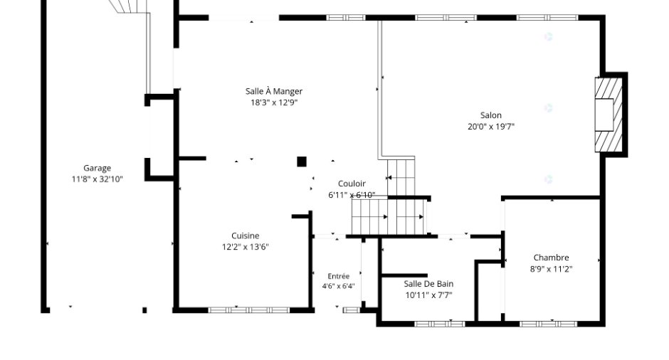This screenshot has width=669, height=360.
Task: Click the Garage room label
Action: (x=97, y=168)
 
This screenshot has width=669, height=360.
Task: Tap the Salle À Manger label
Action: (x=274, y=91)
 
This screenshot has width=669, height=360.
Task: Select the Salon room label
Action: (x=490, y=115)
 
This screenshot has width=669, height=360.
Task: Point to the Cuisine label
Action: (x=246, y=236)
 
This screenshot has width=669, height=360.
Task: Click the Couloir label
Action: (x=352, y=184)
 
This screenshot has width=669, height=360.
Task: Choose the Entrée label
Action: (x=338, y=276)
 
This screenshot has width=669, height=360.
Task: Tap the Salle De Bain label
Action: (x=428, y=284)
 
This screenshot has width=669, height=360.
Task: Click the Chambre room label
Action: (x=552, y=258)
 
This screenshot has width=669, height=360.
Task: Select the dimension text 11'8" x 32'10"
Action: (x=98, y=179)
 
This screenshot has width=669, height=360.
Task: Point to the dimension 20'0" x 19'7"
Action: (x=491, y=127)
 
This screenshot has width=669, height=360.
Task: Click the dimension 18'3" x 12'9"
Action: (x=274, y=102)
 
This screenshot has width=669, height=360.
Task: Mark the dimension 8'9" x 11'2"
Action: (x=552, y=269)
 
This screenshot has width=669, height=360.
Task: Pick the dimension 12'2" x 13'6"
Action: (x=246, y=247)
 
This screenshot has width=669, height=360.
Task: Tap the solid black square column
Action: (x=302, y=162)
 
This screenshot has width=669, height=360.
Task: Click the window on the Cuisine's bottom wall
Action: (x=249, y=310)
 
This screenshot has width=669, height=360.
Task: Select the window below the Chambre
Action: (x=548, y=324)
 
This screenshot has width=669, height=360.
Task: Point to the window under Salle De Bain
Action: (x=439, y=324)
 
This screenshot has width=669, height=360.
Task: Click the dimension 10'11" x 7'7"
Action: (x=428, y=295)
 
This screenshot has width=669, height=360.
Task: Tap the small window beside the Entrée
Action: (x=352, y=310)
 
